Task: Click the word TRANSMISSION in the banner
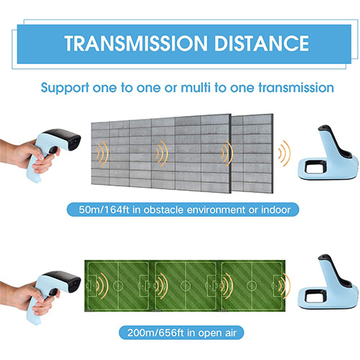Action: [x=136, y=43]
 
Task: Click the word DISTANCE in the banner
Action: [x=261, y=43]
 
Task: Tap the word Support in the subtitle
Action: [x=65, y=89]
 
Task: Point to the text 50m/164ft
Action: [x=104, y=210]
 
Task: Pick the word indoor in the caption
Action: [x=276, y=210]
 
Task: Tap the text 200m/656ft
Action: [x=156, y=333]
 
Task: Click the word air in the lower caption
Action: [x=230, y=333]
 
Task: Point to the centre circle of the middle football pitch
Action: [x=185, y=286]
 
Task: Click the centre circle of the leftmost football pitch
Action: [x=118, y=286]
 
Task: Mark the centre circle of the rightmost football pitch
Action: [x=251, y=286]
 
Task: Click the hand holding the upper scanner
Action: [x=29, y=156]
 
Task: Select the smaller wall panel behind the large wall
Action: [x=253, y=153]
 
